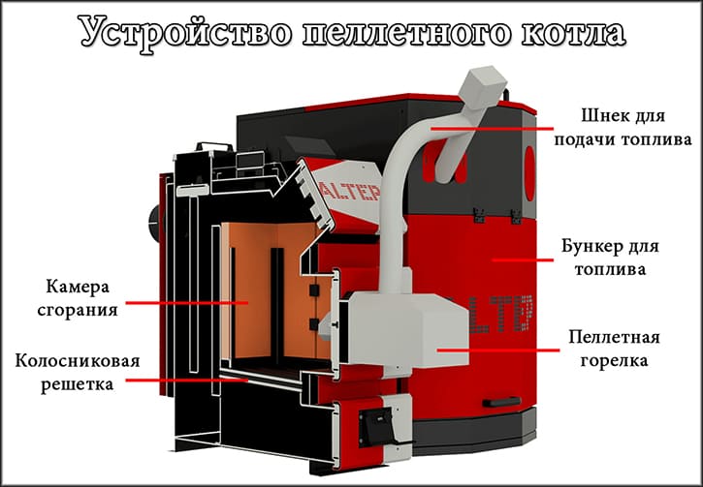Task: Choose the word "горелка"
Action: pyautogui.click(x=614, y=360)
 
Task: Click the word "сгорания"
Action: pyautogui.click(x=80, y=311)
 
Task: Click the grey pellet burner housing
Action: pyautogui.click(x=398, y=324)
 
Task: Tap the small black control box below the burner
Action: pyautogui.click(x=373, y=418)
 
